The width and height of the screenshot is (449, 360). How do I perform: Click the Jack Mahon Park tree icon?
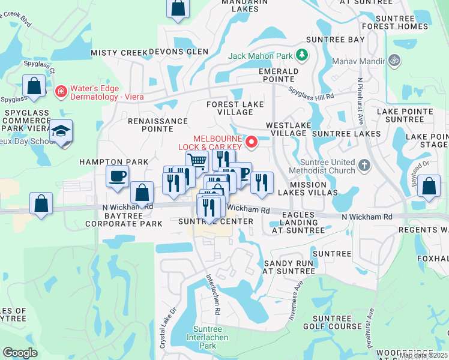(301, 56)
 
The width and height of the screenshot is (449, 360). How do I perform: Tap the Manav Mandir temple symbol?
(394, 60)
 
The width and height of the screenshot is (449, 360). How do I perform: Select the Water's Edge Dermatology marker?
(61, 92)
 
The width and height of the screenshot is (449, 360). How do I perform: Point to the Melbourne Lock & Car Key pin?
(252, 142)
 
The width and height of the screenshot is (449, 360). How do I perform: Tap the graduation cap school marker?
(61, 132)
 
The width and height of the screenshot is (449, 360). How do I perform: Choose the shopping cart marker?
(197, 161)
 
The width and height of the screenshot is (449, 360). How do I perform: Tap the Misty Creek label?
(119, 53)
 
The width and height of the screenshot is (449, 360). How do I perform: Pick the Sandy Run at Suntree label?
(289, 267)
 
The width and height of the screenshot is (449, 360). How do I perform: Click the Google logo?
(20, 353)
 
